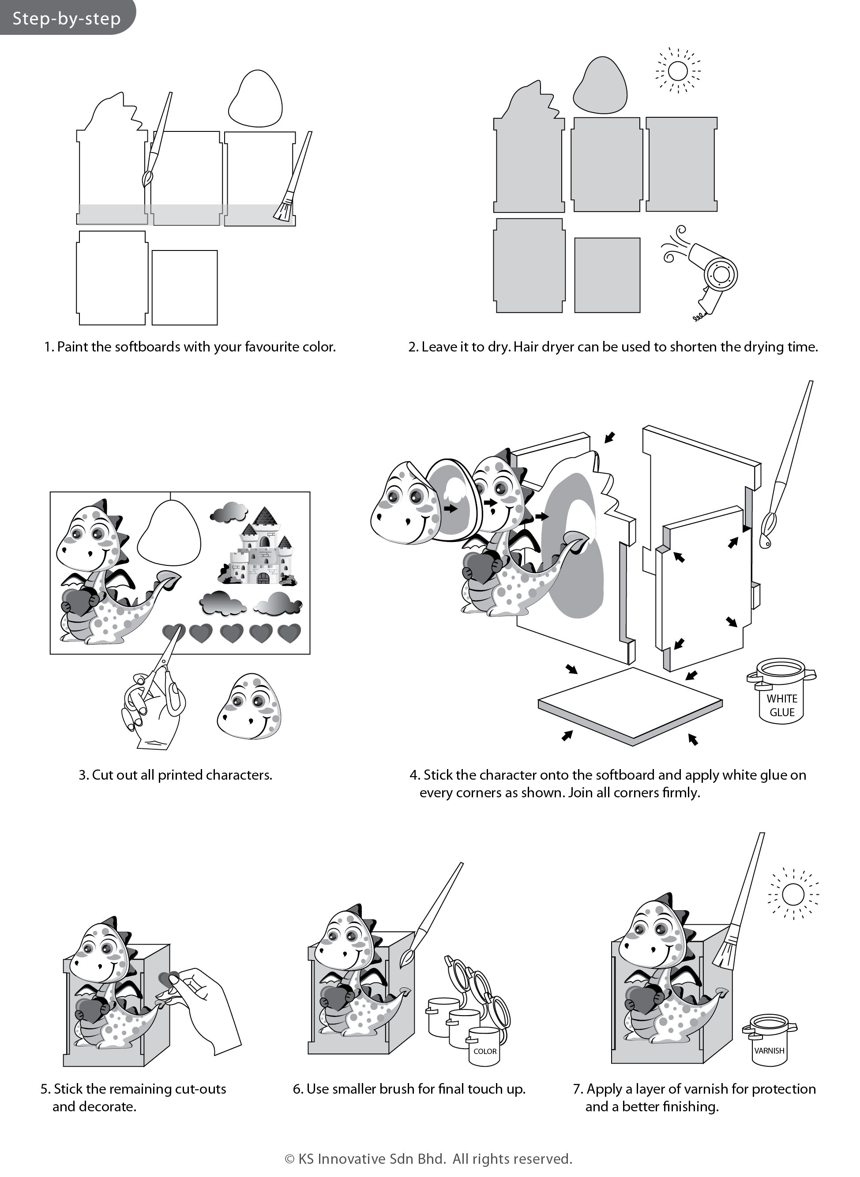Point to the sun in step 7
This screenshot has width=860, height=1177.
point(793,895)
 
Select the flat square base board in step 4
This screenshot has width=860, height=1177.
point(630,705)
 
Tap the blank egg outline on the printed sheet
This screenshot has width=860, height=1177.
point(169,533)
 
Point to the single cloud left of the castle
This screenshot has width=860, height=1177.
point(229,512)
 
